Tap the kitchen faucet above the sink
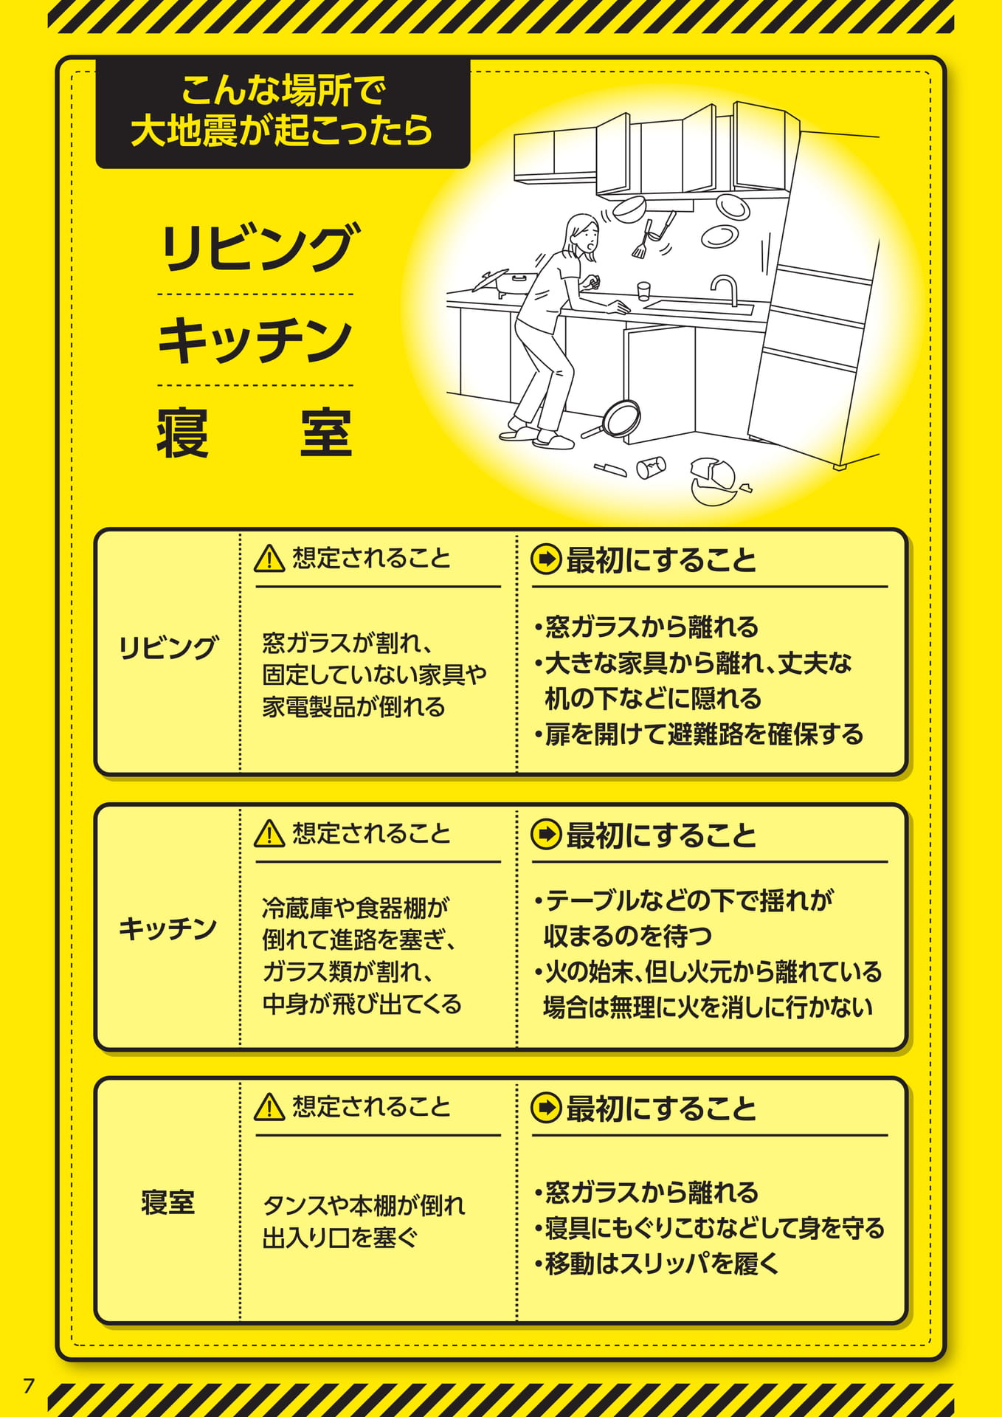[725, 290]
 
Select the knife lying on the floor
[611, 469]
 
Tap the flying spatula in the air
[652, 235]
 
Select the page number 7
[28, 1385]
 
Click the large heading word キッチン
[255, 340]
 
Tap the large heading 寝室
[255, 432]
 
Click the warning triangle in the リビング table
[269, 559]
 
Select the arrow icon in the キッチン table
[546, 834]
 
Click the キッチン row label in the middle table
[167, 928]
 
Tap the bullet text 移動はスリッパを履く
[657, 1263]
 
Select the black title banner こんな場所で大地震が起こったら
[283, 113]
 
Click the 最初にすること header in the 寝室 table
[661, 1109]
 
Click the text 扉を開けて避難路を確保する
[698, 734]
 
